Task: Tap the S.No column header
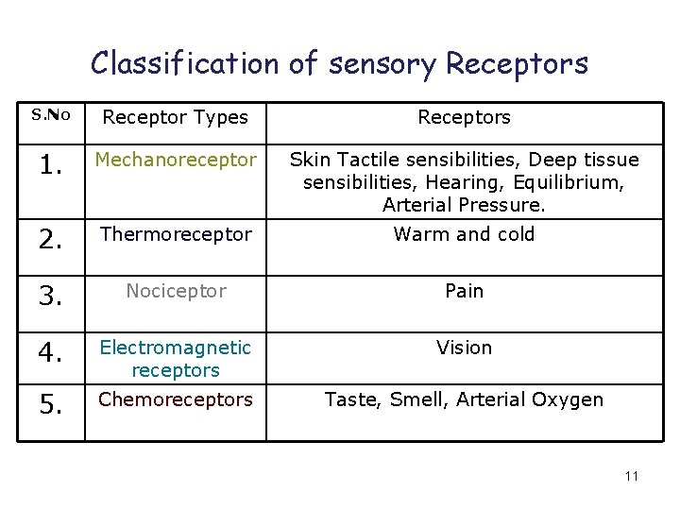pyautogui.click(x=51, y=115)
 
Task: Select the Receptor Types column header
pyautogui.click(x=175, y=117)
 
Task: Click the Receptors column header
pyautogui.click(x=464, y=117)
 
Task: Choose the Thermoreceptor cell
pyautogui.click(x=176, y=234)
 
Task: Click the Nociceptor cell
pyautogui.click(x=176, y=291)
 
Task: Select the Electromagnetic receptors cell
pyautogui.click(x=176, y=358)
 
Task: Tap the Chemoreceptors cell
pyautogui.click(x=176, y=399)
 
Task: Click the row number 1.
pyautogui.click(x=51, y=167)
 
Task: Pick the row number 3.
pyautogui.click(x=51, y=297)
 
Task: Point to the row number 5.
pyautogui.click(x=51, y=406)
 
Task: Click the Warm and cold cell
pyautogui.click(x=464, y=234)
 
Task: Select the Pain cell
pyautogui.click(x=464, y=291)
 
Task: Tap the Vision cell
pyautogui.click(x=464, y=348)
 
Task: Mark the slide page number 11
pyautogui.click(x=632, y=476)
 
